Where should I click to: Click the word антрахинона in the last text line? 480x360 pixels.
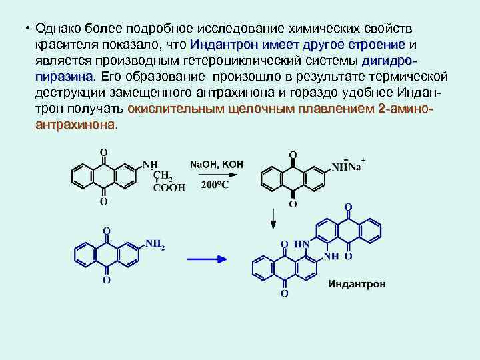coord(75,125)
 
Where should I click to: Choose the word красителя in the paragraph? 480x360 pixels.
coord(67,45)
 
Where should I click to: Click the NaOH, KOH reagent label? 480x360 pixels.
coord(217,164)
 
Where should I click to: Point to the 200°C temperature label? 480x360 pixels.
coord(215,185)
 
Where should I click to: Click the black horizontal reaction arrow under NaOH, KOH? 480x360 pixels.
coord(217,175)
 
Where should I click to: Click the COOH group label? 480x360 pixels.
coord(169,189)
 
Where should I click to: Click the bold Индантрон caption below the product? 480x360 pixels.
coord(357,284)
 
